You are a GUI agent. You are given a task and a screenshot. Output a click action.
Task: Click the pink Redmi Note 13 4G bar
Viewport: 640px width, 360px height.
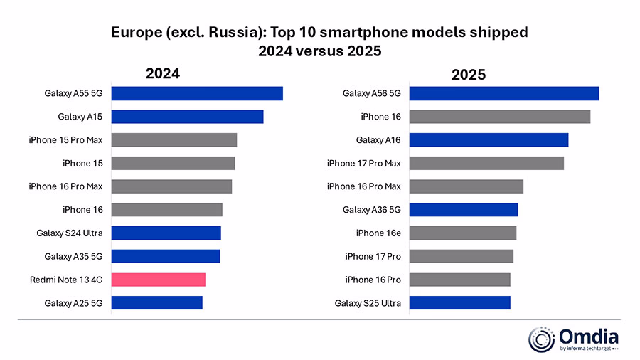158,280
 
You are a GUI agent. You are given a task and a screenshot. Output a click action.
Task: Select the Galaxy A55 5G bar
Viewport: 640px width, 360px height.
197,93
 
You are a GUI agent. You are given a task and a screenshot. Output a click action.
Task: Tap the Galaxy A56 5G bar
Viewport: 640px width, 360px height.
504,93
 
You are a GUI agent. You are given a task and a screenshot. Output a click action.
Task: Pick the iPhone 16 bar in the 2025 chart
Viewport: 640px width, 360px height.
500,117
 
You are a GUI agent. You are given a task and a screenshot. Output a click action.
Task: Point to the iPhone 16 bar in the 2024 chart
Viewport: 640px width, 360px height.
166,209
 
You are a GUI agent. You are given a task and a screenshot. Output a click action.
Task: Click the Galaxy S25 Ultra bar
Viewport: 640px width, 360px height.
460,303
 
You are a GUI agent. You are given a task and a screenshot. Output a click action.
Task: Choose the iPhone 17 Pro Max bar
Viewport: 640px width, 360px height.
486,163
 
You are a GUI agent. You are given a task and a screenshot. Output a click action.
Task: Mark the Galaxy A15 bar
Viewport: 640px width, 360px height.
187,117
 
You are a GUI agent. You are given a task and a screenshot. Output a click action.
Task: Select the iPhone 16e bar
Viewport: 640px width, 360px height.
463,233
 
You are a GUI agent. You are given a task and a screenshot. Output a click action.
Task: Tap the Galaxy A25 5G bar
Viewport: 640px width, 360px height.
156,303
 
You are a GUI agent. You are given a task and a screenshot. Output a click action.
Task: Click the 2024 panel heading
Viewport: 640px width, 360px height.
163,73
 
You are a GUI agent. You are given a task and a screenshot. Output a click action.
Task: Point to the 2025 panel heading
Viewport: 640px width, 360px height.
468,74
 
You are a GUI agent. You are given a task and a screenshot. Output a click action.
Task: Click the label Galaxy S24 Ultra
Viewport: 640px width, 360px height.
70,233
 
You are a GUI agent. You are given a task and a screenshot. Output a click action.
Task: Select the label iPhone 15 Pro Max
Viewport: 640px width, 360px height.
65,140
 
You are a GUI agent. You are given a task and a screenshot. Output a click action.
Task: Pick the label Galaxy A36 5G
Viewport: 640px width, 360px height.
371,210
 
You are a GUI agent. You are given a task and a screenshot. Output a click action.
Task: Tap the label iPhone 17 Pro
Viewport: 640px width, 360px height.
373,256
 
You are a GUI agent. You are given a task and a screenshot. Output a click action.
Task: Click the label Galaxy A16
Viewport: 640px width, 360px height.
378,140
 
